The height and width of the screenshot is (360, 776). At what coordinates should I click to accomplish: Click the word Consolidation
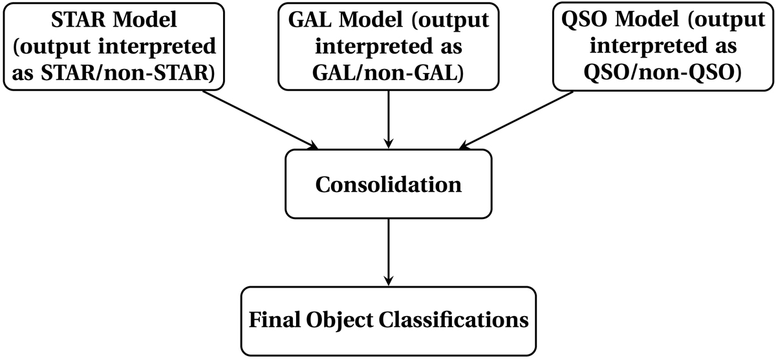(388, 185)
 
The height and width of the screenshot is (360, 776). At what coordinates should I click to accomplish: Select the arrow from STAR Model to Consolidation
(259, 117)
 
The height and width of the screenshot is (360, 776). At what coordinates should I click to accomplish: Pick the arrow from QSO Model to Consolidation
(517, 117)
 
